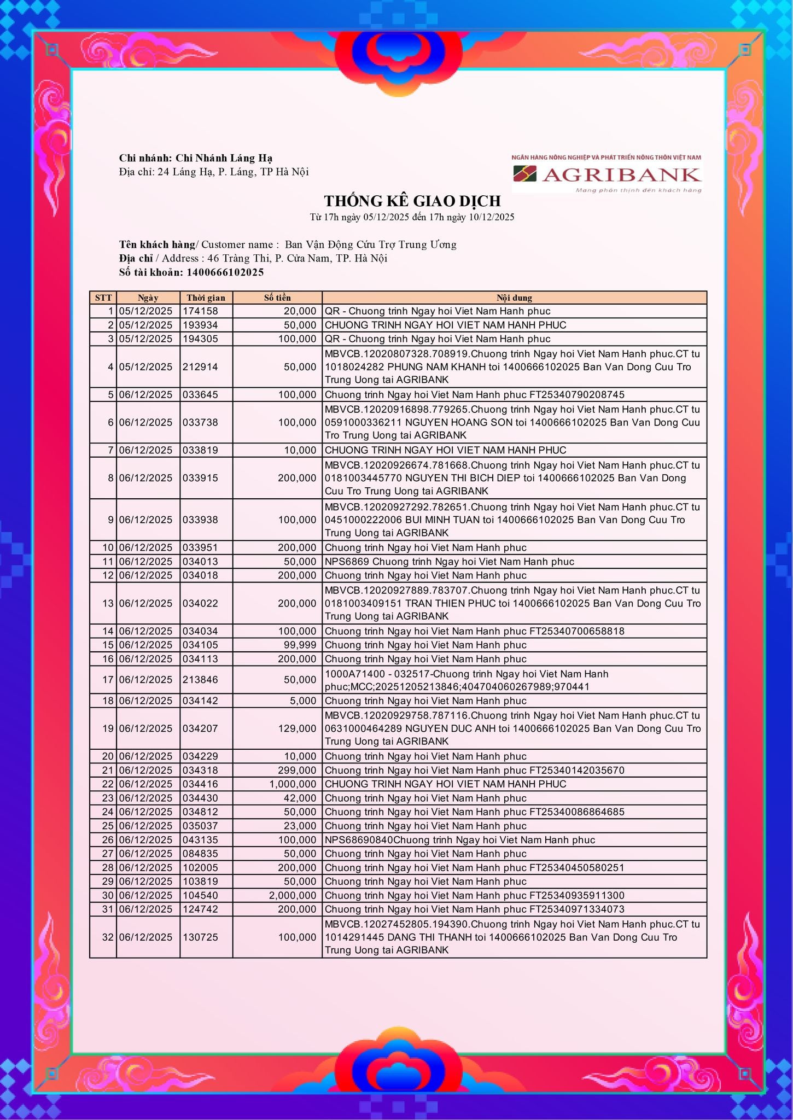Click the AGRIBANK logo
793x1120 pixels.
607,174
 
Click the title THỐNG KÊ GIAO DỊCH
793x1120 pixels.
412,201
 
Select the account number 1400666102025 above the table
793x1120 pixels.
225,272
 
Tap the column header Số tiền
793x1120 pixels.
277,297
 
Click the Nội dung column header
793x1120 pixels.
514,297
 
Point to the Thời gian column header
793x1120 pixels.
206,297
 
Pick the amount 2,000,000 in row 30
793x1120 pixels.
293,895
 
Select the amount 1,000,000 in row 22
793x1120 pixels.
293,784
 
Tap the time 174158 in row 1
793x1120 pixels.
200,311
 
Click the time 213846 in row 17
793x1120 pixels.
200,680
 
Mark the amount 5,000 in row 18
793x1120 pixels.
303,701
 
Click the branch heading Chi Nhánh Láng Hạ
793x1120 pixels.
224,158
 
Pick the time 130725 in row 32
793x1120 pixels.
200,937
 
